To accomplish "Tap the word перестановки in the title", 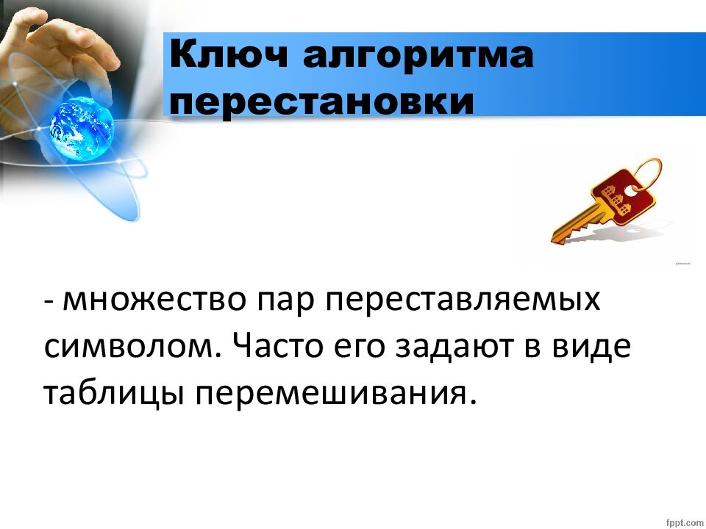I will [x=322, y=101].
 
